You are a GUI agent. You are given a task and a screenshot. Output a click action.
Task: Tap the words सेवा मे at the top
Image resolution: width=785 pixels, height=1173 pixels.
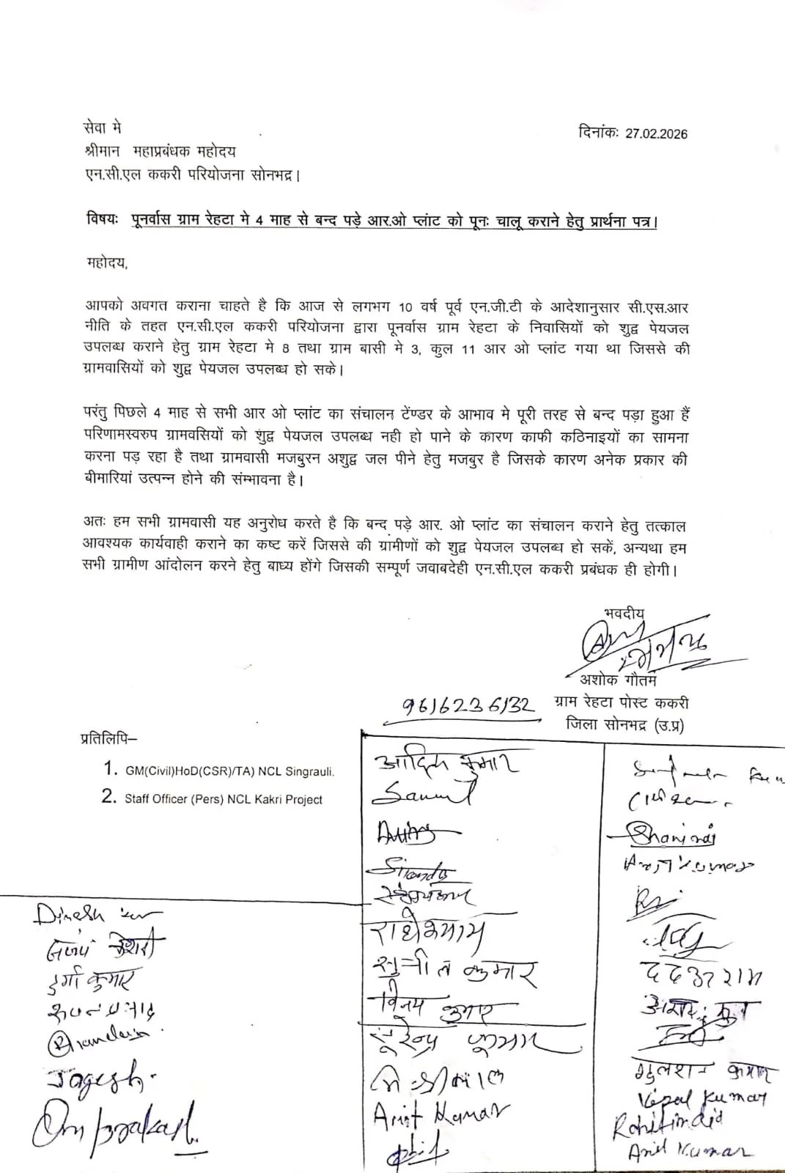(x=103, y=128)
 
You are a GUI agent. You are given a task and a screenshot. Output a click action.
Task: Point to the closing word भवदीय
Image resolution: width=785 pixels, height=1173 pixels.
(x=624, y=614)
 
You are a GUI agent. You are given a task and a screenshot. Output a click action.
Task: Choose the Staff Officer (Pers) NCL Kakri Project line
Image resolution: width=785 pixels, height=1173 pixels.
(x=223, y=799)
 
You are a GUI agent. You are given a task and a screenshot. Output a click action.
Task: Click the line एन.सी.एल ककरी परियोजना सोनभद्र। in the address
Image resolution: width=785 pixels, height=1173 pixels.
(x=191, y=176)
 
